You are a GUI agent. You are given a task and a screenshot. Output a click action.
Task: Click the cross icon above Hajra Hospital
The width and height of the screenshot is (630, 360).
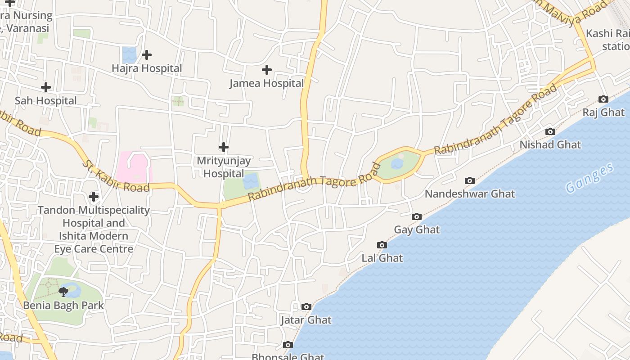click(147, 55)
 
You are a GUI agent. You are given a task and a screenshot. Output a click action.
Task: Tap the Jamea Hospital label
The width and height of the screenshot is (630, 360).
click(266, 83)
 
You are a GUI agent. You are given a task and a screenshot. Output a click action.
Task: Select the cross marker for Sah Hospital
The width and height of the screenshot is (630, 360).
click(45, 87)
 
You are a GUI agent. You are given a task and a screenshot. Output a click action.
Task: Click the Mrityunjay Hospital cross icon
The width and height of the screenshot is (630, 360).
click(224, 147)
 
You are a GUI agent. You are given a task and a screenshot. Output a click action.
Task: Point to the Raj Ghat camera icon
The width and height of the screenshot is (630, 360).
click(603, 99)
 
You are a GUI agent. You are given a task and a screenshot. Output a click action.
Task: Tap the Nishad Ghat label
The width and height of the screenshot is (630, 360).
click(550, 145)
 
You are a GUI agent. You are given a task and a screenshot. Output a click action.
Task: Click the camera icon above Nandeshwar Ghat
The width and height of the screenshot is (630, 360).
click(469, 180)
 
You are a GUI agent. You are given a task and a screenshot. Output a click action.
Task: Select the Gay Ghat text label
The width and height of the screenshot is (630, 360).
click(417, 230)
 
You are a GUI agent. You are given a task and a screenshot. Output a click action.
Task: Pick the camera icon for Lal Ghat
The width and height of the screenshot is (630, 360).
click(382, 245)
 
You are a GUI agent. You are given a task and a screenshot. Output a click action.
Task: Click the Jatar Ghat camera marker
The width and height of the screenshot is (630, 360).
click(306, 307)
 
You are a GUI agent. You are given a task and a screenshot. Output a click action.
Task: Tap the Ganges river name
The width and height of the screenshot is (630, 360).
click(589, 178)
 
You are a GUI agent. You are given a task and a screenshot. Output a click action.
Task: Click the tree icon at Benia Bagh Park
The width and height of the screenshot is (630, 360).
click(64, 292)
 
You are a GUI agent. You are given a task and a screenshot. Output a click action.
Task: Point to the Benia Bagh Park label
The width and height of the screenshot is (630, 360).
click(63, 306)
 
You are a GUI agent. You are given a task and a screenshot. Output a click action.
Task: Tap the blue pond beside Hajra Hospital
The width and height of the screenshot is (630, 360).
click(129, 55)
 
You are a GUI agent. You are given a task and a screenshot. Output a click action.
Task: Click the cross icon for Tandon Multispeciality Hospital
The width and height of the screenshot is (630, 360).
click(94, 197)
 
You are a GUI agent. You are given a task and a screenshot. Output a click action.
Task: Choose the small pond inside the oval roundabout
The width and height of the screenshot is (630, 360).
click(397, 164)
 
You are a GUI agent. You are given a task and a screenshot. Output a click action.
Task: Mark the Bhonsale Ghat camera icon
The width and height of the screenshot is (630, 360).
click(288, 345)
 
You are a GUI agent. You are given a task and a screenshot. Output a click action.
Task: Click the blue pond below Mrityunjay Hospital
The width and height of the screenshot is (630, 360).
click(251, 181)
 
